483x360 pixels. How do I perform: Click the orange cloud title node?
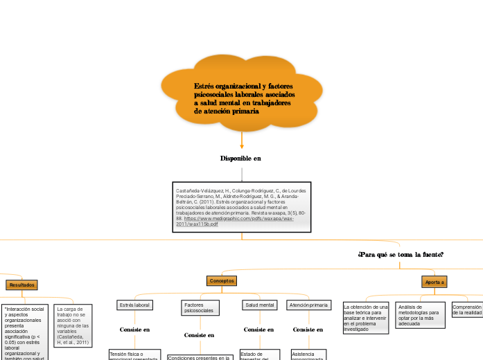coord(242,98)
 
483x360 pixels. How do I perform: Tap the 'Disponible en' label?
coord(240,159)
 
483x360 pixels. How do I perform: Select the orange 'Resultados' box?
coord(21,285)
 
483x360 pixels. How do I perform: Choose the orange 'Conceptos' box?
coord(222,280)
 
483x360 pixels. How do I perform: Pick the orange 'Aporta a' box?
coord(434,282)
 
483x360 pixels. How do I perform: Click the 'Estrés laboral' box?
coord(134,305)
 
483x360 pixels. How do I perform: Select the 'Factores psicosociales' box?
coord(200,308)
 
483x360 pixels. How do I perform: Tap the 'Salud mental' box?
coord(259,305)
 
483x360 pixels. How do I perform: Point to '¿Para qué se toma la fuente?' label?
coord(401,255)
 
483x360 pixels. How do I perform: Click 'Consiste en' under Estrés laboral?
coord(134,330)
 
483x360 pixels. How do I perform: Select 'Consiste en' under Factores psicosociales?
coord(199,335)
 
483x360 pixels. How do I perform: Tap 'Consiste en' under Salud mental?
coord(258,330)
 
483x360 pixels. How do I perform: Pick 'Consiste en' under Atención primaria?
coord(308,330)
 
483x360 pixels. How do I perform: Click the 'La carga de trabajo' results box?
coord(72,325)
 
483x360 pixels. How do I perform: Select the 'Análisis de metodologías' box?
coord(420,316)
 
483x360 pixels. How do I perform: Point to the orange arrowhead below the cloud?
coord(242,145)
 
